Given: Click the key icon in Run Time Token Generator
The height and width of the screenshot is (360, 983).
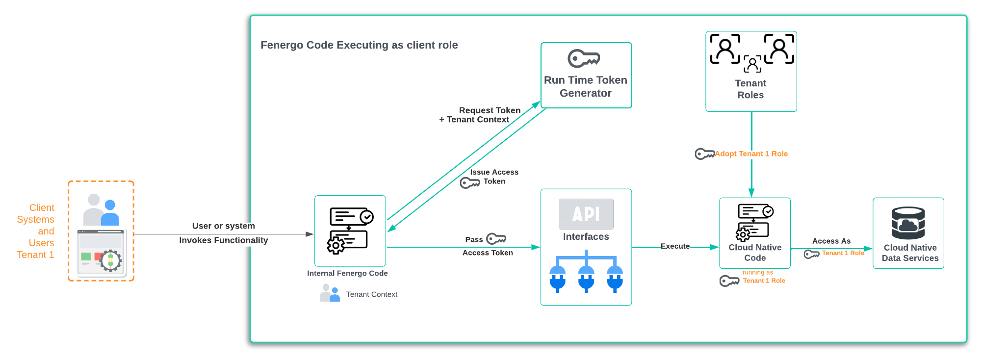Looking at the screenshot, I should (x=584, y=58).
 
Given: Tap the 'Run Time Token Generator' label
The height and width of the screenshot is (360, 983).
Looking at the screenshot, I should (x=586, y=87).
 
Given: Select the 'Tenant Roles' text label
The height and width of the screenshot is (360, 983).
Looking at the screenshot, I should (x=750, y=89).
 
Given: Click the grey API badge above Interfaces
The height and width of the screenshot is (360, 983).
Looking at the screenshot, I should (x=586, y=214).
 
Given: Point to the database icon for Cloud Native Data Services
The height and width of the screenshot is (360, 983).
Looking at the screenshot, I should (x=908, y=223).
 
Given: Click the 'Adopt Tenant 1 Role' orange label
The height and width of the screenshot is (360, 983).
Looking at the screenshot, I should (x=751, y=154).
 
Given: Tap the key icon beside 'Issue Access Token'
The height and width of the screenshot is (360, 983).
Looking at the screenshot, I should (x=469, y=183).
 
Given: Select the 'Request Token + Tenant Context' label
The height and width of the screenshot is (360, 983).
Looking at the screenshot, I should (x=480, y=115).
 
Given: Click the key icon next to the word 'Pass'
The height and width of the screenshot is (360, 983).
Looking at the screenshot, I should (x=496, y=239).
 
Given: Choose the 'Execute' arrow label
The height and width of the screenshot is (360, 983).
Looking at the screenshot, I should (x=675, y=246).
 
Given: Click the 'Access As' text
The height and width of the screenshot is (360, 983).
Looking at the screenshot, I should (x=831, y=241).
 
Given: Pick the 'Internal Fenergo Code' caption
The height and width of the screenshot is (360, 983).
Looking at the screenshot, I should (x=347, y=274).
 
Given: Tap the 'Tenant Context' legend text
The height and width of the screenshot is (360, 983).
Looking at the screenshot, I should (x=372, y=295).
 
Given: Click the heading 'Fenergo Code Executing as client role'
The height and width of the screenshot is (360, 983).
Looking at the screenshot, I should (x=359, y=45).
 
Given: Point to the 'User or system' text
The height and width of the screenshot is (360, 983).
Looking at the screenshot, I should (x=223, y=226).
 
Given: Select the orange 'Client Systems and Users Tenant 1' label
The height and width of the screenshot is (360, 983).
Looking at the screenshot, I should (x=36, y=231).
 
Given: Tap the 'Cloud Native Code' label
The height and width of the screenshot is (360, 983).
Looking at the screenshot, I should (x=755, y=253).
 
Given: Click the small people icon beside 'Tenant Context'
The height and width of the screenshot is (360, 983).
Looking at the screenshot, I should (x=330, y=293).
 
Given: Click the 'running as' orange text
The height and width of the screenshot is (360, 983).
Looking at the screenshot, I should (x=757, y=273).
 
